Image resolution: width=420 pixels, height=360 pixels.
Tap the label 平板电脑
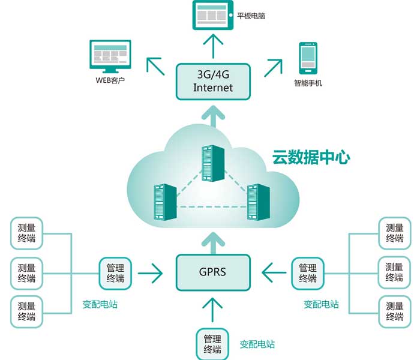[x=251, y=16]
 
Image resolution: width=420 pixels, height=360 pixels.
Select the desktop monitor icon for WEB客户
[x=110, y=56]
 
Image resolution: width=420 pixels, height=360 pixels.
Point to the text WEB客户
[x=110, y=81]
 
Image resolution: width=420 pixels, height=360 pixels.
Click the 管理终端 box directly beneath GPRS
[x=212, y=344]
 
